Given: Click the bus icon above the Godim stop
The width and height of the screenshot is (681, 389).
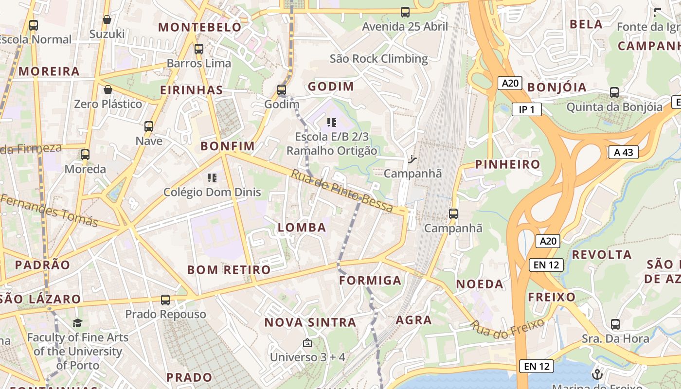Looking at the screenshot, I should pos(281,90).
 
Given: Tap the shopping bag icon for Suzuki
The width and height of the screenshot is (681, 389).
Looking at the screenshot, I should pos(107,20).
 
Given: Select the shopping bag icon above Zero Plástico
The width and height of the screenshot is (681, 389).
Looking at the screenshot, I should pos(108,89).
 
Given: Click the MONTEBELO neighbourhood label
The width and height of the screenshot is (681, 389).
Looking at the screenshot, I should pos(200,27).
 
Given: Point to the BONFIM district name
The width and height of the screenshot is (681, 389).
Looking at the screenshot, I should pos(228,146).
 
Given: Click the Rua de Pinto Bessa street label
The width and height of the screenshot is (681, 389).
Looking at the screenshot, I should pos(342,190).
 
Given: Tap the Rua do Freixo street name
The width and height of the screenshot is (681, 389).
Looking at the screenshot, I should pos(506,329).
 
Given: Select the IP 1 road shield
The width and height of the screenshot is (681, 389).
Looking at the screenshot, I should pos(526,109).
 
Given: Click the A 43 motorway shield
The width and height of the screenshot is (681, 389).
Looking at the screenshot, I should pos(623,152).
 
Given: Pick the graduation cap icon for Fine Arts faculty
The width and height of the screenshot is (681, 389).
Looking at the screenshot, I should pos(77,323).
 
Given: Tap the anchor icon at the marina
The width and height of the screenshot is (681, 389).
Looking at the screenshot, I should pos(597,374).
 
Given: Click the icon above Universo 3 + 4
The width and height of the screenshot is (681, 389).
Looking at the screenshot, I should pos(307,343).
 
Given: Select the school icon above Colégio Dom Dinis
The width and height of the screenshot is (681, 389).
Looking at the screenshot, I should pos(212,178).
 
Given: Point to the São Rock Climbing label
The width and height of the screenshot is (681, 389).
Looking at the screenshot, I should pos(378,59).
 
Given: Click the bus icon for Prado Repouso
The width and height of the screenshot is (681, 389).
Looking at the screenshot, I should pos(165,300).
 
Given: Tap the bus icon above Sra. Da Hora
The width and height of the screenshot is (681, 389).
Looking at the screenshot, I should pos(615,324).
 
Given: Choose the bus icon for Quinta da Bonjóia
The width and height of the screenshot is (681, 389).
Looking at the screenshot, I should pos(614,92).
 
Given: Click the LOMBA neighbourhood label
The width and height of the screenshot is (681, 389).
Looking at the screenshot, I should pos(302,227).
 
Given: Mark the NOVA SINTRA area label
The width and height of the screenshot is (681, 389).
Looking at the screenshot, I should pos(310,322).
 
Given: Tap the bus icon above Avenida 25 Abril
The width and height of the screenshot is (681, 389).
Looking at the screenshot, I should pos(405,12).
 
